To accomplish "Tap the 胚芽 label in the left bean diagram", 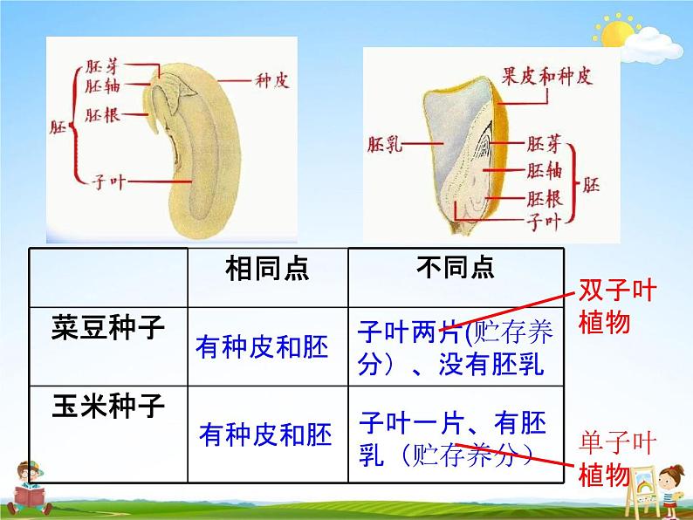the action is point(103,66).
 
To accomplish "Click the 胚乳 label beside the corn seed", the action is point(384,143).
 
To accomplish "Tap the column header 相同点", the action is point(266,270).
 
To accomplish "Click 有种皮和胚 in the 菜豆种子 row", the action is point(263,348).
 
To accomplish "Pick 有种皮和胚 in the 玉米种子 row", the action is point(264,434).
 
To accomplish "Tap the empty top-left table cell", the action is point(107,277).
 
